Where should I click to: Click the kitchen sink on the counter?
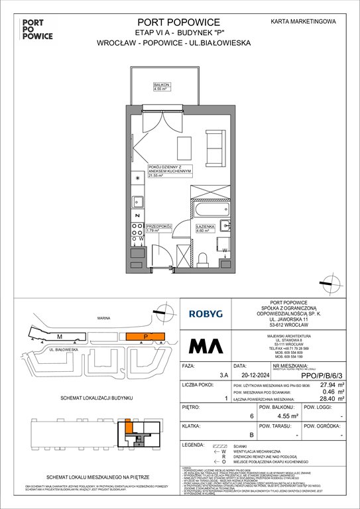pyautogui.click(x=138, y=199)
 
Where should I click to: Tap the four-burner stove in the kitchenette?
pyautogui.click(x=138, y=231)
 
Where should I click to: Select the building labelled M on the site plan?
pyautogui.click(x=59, y=337)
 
